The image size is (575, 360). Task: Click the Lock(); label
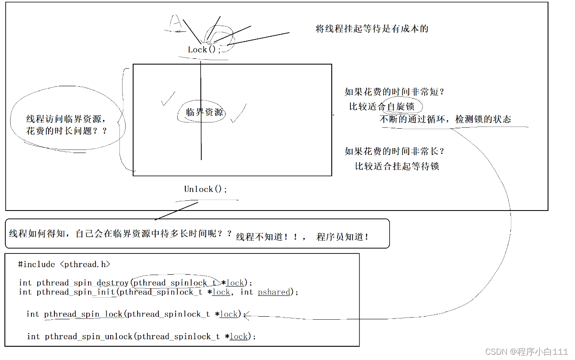click(204, 50)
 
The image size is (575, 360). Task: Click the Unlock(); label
click(205, 189)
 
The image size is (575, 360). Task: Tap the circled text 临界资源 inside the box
click(204, 112)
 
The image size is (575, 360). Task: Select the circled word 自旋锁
click(401, 107)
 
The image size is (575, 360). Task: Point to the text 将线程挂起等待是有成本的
click(372, 29)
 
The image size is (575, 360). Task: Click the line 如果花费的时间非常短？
click(395, 92)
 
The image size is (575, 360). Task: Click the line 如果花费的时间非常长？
click(395, 151)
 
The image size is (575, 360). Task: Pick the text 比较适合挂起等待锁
click(397, 166)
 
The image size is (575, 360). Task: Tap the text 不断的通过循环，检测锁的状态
click(445, 119)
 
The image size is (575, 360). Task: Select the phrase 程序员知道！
click(343, 237)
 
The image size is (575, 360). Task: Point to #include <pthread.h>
click(64, 264)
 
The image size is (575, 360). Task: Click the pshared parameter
click(274, 292)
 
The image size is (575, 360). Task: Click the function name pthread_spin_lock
click(83, 314)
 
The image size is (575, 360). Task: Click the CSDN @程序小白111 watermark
click(526, 352)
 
